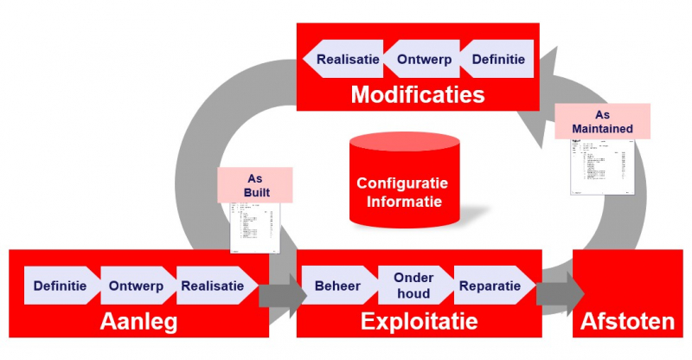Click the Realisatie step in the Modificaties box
point(345,60)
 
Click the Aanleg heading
point(138,322)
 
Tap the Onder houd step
point(413,286)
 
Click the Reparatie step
point(490,286)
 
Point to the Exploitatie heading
point(419,322)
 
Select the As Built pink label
point(254,183)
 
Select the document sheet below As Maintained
point(602,168)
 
